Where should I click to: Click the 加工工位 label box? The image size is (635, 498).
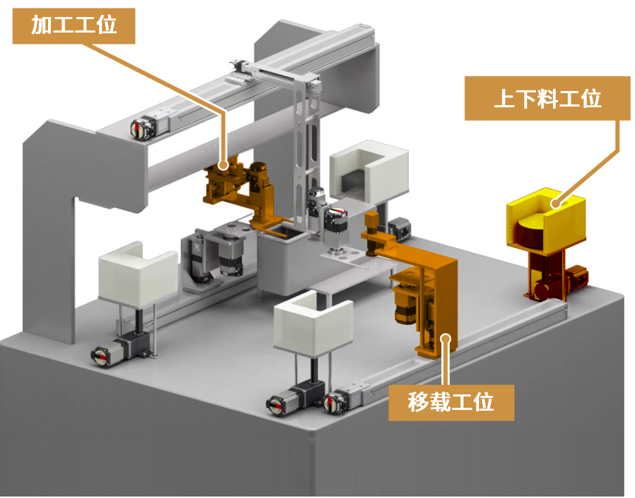(x=74, y=26)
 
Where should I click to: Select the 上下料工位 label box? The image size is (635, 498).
(x=547, y=98)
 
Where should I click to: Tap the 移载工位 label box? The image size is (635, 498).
(x=451, y=403)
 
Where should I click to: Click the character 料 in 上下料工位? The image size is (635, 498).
(x=547, y=98)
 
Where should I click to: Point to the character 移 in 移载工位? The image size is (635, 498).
(x=418, y=403)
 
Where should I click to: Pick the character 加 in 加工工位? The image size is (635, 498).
(x=41, y=26)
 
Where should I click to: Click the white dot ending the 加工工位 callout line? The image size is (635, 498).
(x=223, y=165)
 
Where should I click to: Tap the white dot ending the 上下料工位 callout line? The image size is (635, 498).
(x=557, y=203)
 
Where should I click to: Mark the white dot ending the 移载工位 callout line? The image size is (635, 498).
(x=446, y=339)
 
